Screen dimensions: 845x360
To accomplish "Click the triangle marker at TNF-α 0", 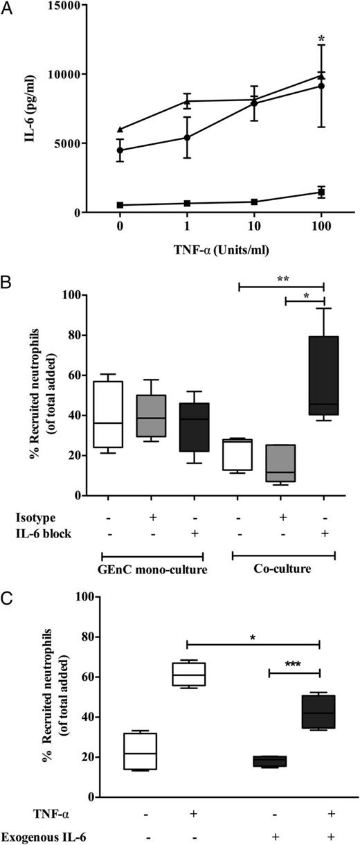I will pos(120,129).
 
